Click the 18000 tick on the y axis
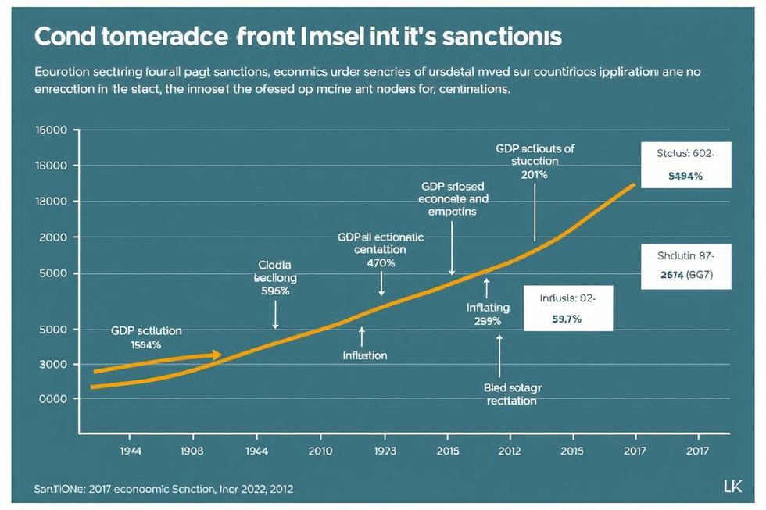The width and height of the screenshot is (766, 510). tap(52, 202)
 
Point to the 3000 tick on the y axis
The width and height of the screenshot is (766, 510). tap(52, 365)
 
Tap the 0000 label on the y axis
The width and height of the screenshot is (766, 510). tap(52, 398)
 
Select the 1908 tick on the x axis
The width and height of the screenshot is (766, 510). tap(191, 451)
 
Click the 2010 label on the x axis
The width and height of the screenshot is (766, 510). tap(320, 451)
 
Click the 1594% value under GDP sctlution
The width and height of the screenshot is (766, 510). tap(146, 344)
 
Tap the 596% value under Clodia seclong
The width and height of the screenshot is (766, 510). tap(274, 291)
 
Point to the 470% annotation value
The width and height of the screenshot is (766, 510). tap(381, 263)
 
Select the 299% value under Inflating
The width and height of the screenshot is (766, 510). tap(488, 321)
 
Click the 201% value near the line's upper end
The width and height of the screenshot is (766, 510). tap(534, 174)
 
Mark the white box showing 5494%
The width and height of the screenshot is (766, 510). tap(685, 166)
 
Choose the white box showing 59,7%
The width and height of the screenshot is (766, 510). tap(568, 308)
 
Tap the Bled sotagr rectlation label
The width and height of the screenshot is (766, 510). tap(512, 394)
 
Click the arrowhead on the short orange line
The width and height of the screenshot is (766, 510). tap(217, 355)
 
